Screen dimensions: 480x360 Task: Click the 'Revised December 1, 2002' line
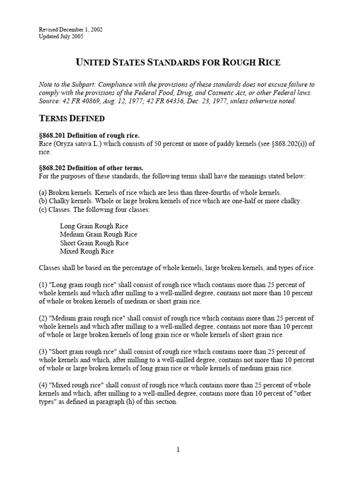point(70,30)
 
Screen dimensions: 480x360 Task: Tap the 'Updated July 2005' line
point(61,37)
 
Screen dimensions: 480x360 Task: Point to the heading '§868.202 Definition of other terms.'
point(91,168)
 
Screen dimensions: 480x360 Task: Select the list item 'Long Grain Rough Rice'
point(94,226)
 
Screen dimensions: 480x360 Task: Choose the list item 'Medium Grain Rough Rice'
point(98,234)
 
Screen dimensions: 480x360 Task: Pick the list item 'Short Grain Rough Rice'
point(94,243)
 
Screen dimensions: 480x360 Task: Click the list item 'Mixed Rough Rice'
point(87,251)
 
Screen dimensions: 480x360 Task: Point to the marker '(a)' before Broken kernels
point(43,193)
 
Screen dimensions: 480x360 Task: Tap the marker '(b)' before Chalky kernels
point(43,201)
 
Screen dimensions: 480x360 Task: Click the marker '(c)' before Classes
point(43,210)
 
